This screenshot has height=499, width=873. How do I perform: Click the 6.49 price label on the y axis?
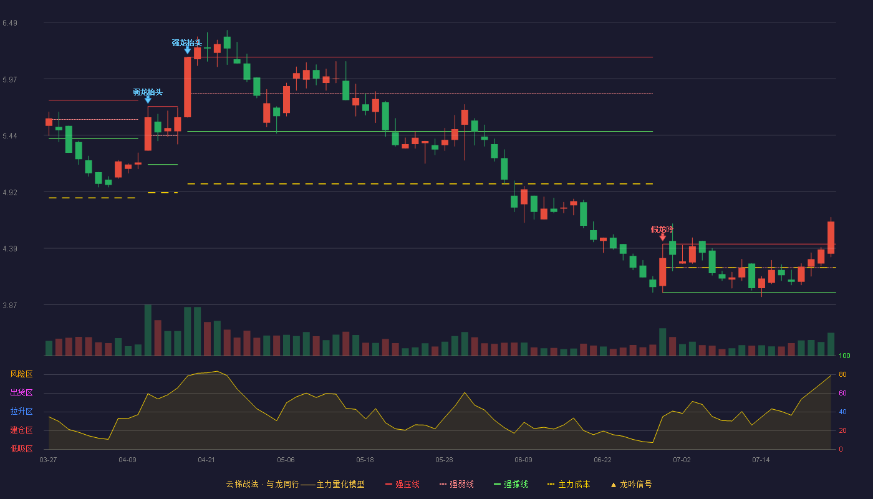click(x=10, y=23)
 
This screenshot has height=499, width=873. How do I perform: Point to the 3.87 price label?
click(x=10, y=305)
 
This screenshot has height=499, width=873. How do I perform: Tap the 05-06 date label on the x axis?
click(x=286, y=460)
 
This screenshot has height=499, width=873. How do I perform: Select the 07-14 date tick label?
click(x=761, y=460)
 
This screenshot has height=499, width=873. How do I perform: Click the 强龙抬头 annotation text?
click(x=186, y=43)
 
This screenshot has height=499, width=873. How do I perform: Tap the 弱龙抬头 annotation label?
click(x=147, y=92)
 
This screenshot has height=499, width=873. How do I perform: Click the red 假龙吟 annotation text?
click(x=662, y=230)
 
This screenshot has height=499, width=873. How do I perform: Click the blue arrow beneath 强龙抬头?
click(x=188, y=51)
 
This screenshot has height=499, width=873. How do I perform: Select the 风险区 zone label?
click(x=21, y=374)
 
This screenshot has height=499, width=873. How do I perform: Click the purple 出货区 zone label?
click(x=21, y=392)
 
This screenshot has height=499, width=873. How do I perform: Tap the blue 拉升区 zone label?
click(x=21, y=411)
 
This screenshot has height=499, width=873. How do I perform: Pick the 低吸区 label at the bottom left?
click(x=21, y=448)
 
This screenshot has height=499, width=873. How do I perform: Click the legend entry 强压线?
click(x=402, y=484)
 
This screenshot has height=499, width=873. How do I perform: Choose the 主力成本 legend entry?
click(x=569, y=484)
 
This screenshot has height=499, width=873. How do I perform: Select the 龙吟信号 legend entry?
click(x=631, y=484)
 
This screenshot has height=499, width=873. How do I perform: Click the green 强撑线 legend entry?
click(x=511, y=484)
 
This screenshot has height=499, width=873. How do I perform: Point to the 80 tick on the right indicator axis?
click(x=842, y=374)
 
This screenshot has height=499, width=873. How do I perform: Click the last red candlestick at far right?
click(x=831, y=238)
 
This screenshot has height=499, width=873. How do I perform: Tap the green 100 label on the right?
click(x=844, y=356)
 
